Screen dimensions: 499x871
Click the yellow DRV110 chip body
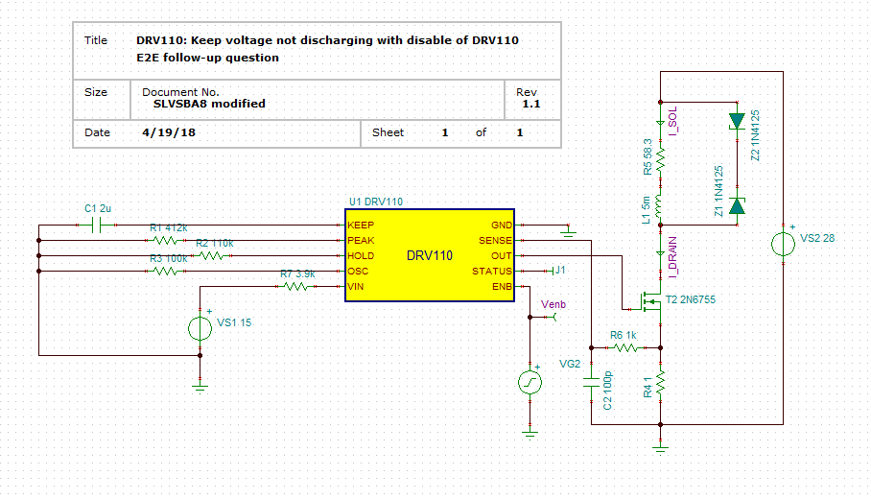coord(430,255)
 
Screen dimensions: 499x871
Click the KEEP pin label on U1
coord(361,225)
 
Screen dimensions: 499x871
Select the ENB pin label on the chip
coord(502,287)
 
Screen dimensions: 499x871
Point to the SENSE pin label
coord(496,240)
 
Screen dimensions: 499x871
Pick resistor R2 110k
coord(215,256)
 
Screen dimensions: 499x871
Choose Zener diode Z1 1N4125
coord(737,204)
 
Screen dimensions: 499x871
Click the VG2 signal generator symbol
coord(530,383)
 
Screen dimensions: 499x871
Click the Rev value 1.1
coord(530,104)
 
